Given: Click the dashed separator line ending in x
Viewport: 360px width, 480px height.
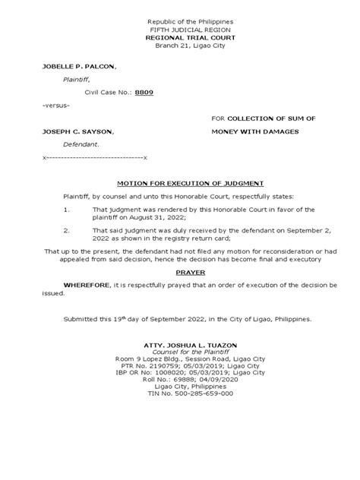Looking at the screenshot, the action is (95, 156).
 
